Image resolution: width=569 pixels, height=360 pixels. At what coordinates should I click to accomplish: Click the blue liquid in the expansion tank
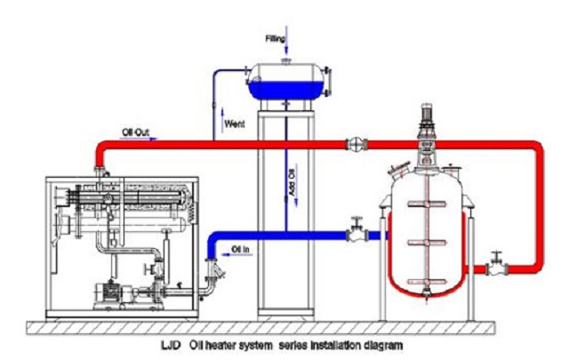click(287, 89)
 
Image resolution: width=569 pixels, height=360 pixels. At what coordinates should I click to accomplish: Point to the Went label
click(235, 123)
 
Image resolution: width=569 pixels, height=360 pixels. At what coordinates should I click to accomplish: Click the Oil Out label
click(136, 133)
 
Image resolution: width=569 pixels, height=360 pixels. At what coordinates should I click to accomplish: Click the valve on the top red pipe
click(355, 142)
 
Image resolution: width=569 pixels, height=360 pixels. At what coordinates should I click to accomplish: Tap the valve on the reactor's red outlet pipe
click(494, 266)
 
